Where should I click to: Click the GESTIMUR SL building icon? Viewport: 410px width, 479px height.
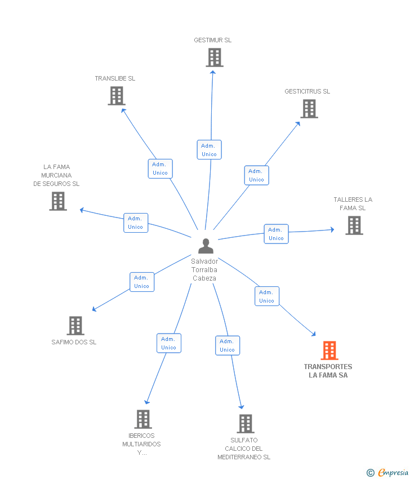tap(214, 57)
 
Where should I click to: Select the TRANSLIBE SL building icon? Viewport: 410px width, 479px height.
tap(116, 96)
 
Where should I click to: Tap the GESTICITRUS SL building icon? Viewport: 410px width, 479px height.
tap(309, 109)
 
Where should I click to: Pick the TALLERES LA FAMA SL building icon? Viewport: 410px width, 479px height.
tap(354, 225)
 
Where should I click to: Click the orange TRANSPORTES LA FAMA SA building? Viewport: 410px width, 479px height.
tap(329, 351)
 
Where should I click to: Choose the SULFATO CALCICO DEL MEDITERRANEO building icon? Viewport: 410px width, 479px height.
tap(245, 424)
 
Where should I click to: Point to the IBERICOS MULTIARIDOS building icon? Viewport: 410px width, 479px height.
tap(143, 419)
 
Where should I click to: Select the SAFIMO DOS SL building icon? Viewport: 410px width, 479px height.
tap(75, 326)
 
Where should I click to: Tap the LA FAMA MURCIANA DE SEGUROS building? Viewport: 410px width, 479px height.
tap(58, 201)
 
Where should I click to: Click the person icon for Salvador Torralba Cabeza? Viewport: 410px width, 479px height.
tap(206, 246)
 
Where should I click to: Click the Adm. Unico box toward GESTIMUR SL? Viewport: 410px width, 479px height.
tap(209, 150)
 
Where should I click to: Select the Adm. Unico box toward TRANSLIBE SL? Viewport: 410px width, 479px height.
tap(160, 168)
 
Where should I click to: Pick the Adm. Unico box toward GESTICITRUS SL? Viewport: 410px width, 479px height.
tap(256, 175)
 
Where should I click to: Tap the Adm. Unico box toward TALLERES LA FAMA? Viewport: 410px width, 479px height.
tap(276, 234)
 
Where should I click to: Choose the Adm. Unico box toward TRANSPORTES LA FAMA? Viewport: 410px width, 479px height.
tap(266, 296)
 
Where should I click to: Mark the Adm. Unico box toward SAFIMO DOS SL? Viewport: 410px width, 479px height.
tap(141, 282)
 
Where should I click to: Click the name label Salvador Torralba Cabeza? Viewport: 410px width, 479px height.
tap(204, 270)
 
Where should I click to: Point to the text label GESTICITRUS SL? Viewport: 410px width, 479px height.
tap(307, 91)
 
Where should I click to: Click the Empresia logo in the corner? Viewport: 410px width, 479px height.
tap(388, 473)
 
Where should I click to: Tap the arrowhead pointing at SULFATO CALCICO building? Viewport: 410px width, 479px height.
tap(242, 406)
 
